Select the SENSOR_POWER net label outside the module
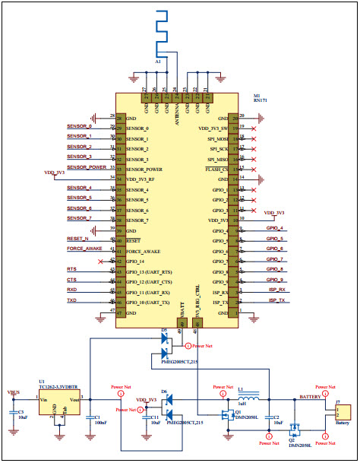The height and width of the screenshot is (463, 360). coord(87,166)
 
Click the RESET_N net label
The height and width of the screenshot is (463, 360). coord(78,238)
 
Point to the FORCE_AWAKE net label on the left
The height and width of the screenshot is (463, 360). coord(84,249)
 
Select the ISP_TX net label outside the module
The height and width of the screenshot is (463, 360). coord(276,300)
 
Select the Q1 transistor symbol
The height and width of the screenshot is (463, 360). coord(228,414)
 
